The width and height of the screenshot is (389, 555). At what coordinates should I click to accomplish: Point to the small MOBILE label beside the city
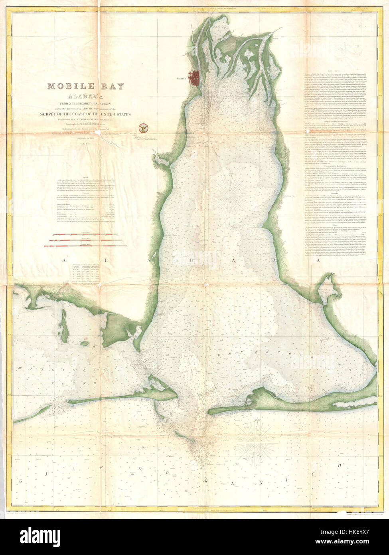182,78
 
